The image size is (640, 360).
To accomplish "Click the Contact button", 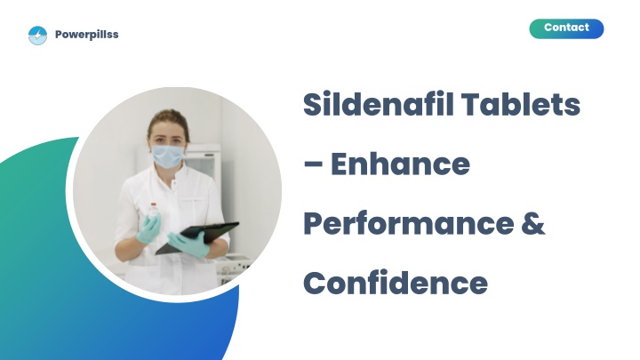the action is tap(566, 28).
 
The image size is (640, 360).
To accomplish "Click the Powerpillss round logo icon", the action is tap(37, 35).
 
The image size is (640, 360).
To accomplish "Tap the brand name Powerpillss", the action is tap(86, 35).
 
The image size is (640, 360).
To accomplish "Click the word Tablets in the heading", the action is tap(521, 104).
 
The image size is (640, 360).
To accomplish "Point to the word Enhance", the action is tap(400, 164).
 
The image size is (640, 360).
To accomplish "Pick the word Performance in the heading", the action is tap(409, 225).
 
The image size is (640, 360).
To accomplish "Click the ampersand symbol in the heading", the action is tap(533, 224).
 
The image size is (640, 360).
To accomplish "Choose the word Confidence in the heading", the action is tap(396, 284).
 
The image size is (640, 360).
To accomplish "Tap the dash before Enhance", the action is tap(313, 164).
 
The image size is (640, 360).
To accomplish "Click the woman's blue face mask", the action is tap(167, 156).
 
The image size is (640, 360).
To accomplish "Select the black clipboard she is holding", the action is tap(197, 237).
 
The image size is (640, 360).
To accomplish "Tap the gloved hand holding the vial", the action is tap(148, 228).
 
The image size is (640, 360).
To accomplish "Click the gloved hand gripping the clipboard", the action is tap(189, 244).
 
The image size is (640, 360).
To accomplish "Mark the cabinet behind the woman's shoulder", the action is tap(203, 164).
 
